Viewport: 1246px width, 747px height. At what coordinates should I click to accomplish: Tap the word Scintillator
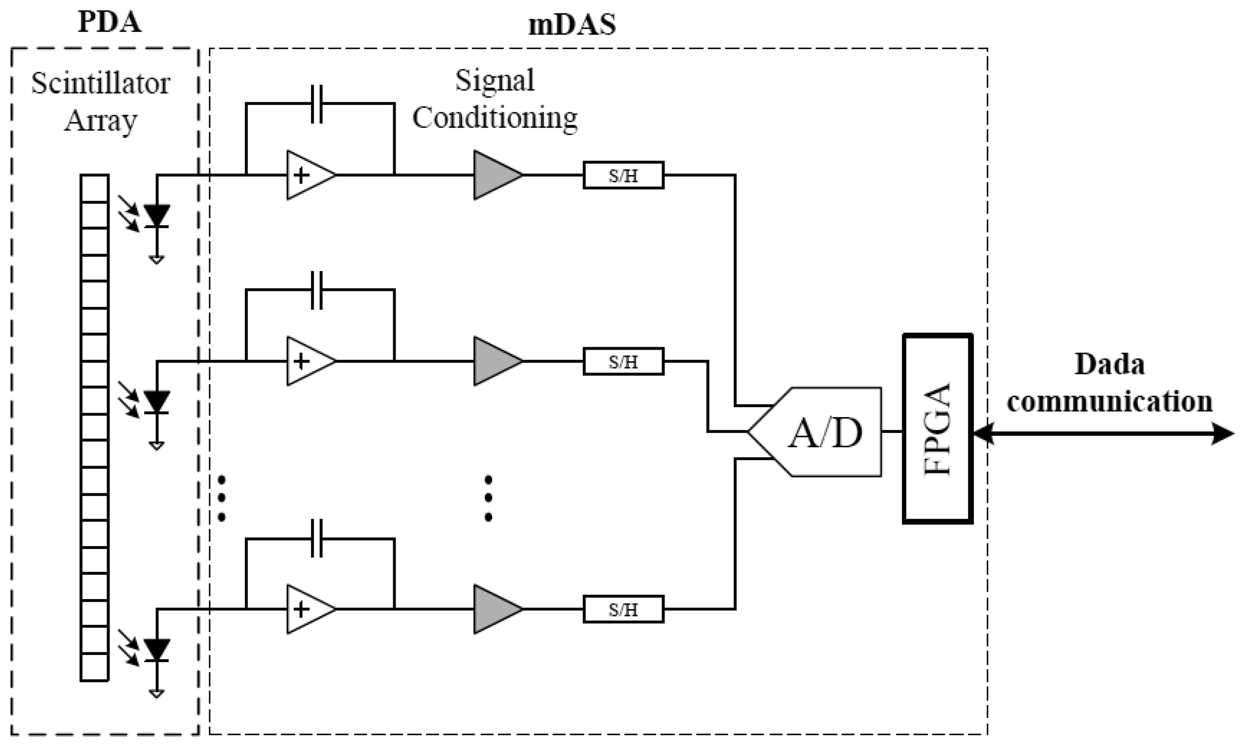[x=101, y=84]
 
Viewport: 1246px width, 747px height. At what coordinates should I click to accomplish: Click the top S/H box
[x=623, y=175]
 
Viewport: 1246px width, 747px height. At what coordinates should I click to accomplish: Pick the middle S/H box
[x=623, y=361]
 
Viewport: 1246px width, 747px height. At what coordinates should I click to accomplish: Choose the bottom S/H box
[x=623, y=609]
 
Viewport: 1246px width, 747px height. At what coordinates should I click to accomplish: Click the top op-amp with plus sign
[x=307, y=175]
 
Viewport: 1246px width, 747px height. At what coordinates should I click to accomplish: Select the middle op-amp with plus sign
[x=307, y=361]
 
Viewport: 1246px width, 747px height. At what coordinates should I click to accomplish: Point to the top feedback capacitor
[x=316, y=104]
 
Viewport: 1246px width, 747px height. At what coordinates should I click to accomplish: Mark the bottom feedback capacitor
[x=316, y=539]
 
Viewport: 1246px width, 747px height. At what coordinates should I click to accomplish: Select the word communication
[x=1109, y=402]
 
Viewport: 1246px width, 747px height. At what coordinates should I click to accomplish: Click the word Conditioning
[x=495, y=118]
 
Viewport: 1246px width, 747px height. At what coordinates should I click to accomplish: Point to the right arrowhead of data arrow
[x=1223, y=433]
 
